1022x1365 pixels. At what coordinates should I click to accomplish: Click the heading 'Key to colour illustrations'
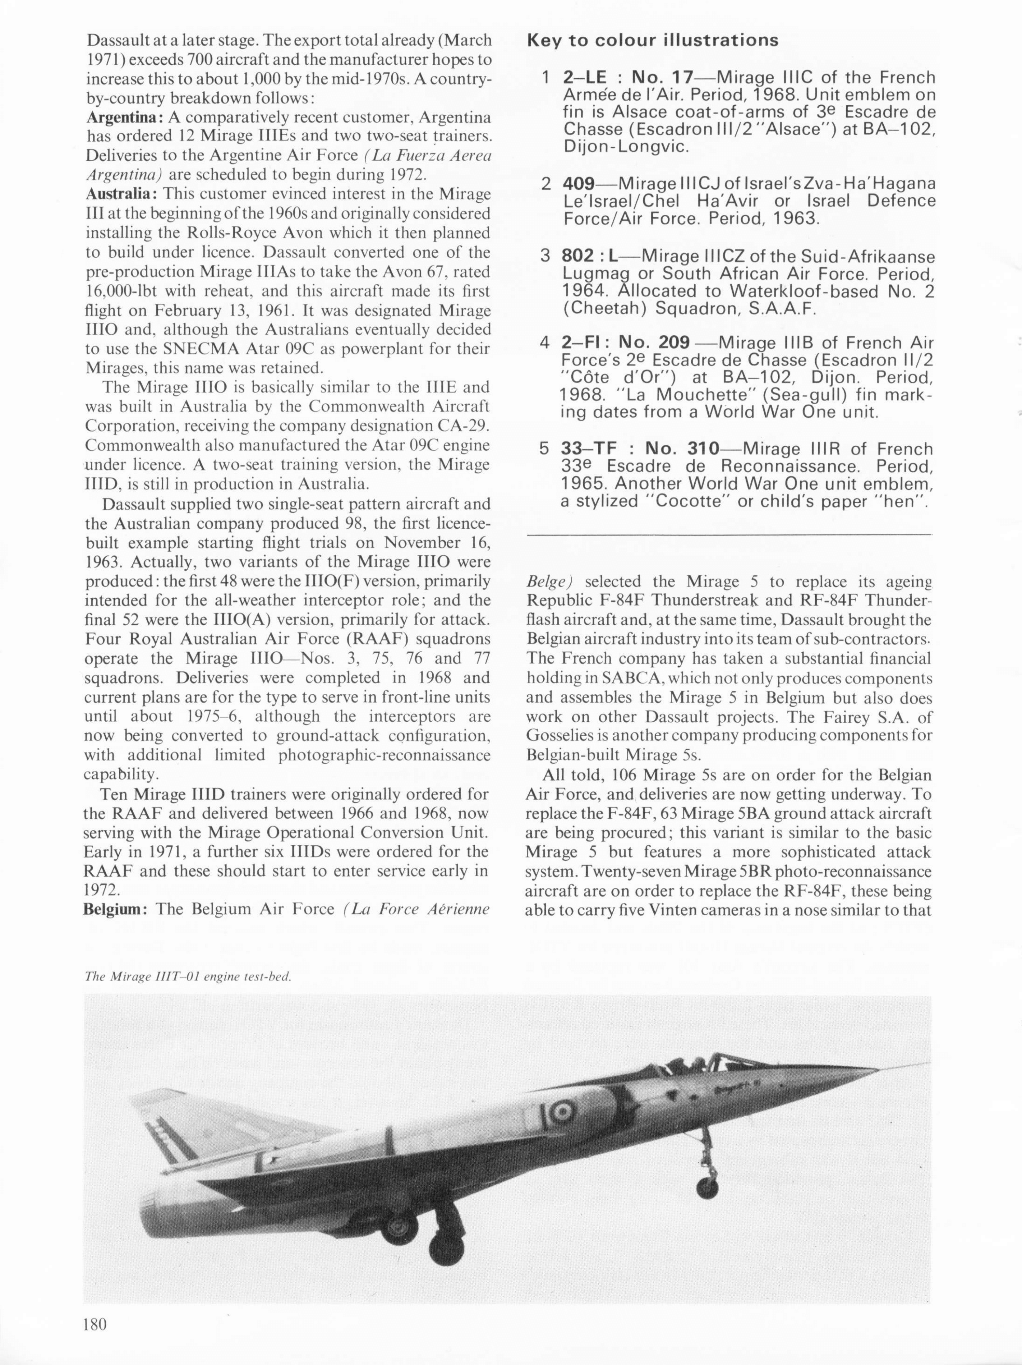652,41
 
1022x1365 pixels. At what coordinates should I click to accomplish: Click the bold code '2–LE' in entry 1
585,78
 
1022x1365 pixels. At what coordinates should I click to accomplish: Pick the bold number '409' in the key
578,184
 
